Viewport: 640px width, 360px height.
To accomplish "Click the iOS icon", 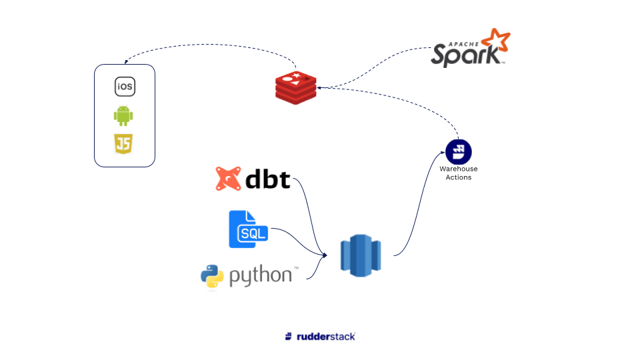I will click(125, 87).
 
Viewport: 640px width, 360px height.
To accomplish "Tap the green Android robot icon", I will click(123, 116).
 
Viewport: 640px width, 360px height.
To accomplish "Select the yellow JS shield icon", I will click(123, 144).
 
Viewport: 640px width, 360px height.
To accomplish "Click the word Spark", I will click(464, 55).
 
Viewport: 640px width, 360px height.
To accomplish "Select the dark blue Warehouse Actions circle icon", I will click(459, 152).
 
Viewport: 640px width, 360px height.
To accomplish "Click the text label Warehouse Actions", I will click(459, 173).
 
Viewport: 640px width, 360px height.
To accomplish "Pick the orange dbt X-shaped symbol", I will click(228, 179).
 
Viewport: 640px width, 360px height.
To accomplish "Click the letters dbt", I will click(268, 179).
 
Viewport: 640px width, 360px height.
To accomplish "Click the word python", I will click(261, 277).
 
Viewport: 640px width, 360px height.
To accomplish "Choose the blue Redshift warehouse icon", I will click(360, 255).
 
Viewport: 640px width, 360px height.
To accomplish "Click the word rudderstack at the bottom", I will click(326, 337).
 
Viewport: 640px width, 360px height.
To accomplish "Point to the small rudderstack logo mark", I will click(288, 337).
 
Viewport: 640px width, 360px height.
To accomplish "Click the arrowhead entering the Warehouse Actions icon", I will click(442, 153).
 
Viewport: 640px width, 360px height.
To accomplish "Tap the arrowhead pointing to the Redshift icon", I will click(325, 255).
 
